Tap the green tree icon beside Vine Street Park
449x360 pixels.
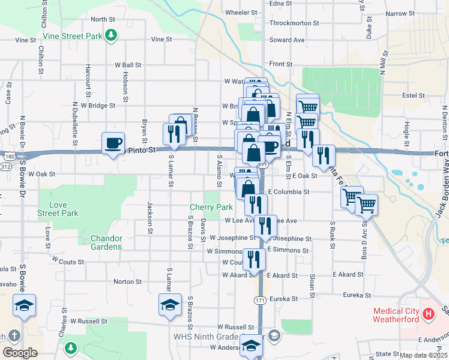click(x=110, y=36)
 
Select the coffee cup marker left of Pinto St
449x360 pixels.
click(x=113, y=144)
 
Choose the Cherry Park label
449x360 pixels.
click(x=211, y=207)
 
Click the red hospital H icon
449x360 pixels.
click(x=428, y=313)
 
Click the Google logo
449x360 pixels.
click(x=20, y=353)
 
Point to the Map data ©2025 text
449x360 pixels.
click(x=423, y=355)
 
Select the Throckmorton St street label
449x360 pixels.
click(x=295, y=23)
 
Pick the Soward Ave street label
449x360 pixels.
click(x=287, y=40)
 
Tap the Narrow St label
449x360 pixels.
click(x=397, y=13)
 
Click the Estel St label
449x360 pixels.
click(x=414, y=95)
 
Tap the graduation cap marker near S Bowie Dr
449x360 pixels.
click(x=24, y=306)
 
